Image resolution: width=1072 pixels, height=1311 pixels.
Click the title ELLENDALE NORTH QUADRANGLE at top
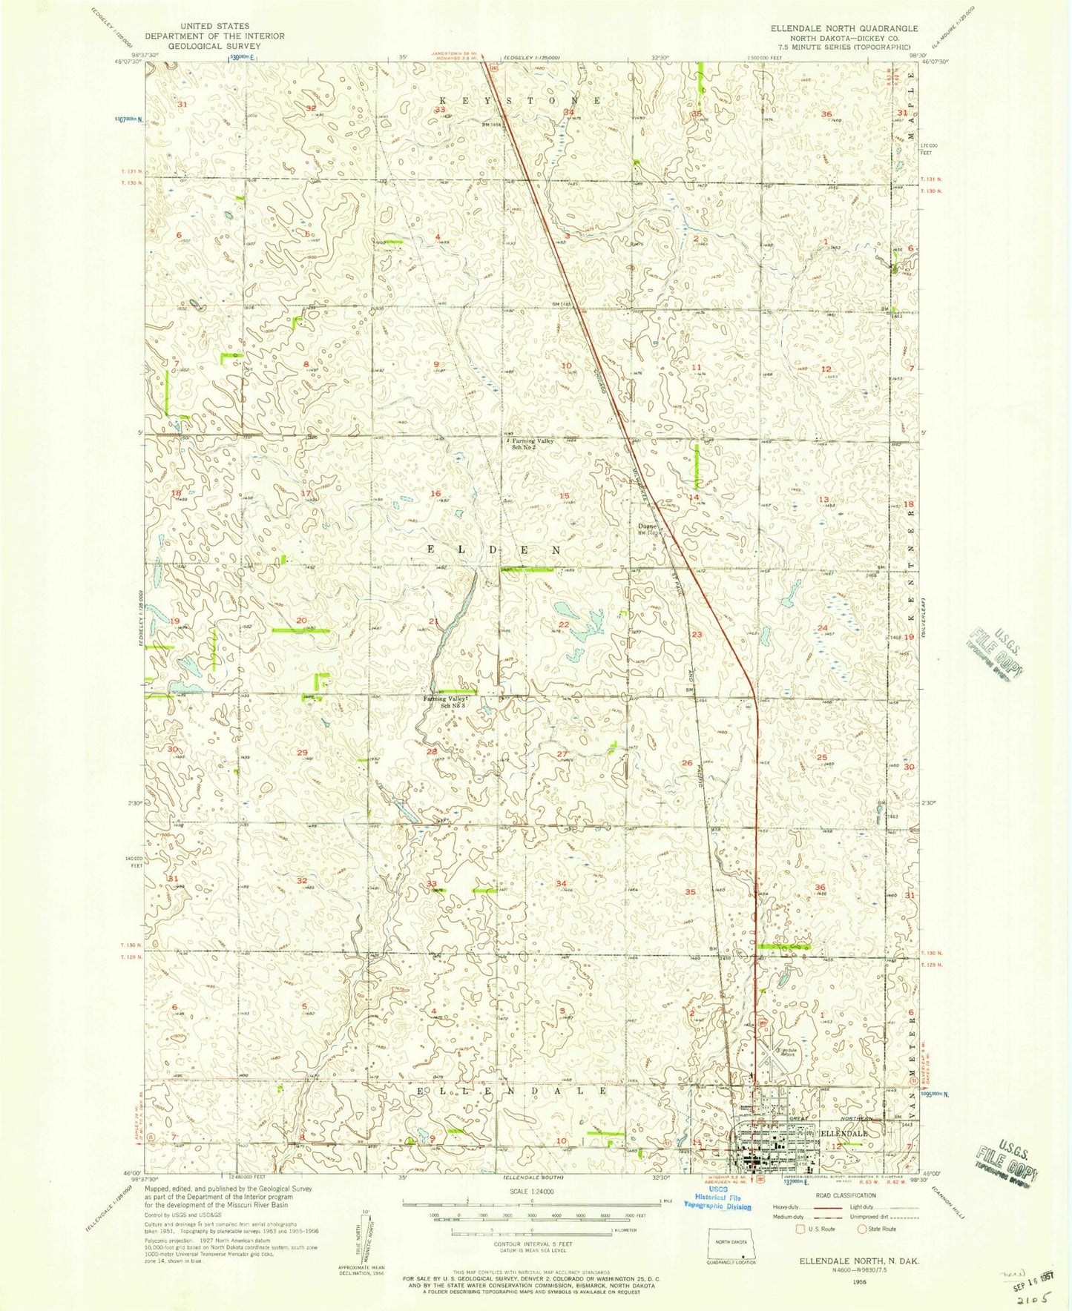[x=844, y=28]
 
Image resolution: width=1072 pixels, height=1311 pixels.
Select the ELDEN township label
[x=493, y=549]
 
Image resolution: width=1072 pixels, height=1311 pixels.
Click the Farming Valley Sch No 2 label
[x=533, y=443]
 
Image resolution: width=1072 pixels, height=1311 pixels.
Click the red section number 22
[x=564, y=624]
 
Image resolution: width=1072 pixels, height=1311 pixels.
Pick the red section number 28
[x=432, y=751]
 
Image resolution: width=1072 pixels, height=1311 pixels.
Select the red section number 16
[x=435, y=493]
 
